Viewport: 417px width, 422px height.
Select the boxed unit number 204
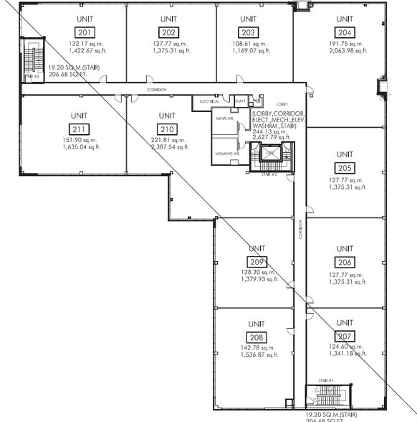pos(345,32)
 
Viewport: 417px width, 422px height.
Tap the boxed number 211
pos(80,129)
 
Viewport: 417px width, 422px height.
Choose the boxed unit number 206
pos(345,262)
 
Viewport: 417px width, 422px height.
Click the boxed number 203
pos(249,32)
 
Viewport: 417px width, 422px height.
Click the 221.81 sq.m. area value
pos(168,140)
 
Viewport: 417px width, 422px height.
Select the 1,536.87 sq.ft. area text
pos(258,355)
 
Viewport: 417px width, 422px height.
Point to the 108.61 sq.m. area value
pos(249,43)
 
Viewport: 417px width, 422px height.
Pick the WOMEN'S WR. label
pos(226,152)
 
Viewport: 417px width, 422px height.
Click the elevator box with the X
pos(269,153)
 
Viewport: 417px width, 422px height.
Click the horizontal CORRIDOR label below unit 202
pos(157,89)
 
